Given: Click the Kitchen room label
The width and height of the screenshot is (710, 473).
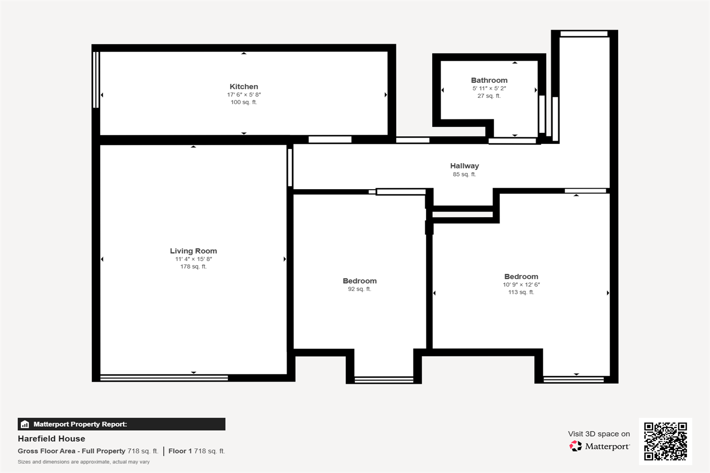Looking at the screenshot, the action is pyautogui.click(x=244, y=87).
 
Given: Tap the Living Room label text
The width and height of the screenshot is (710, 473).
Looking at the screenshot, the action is pyautogui.click(x=193, y=251).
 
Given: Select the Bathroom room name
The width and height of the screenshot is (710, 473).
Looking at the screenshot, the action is pyautogui.click(x=489, y=80).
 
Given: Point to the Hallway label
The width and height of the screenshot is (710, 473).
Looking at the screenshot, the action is pyautogui.click(x=464, y=166).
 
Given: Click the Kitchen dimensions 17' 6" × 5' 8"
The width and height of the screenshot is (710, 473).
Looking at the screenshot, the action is pyautogui.click(x=244, y=95).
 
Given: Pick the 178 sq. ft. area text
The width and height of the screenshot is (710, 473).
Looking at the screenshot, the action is pyautogui.click(x=193, y=267).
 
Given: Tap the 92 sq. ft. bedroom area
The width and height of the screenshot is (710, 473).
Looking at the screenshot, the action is pyautogui.click(x=359, y=289).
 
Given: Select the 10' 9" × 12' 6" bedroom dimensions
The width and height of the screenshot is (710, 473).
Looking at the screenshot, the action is pyautogui.click(x=521, y=284).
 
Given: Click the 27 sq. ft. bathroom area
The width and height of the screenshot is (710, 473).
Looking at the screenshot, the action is pyautogui.click(x=489, y=96).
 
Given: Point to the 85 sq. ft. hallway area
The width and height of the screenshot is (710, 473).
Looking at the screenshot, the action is pyautogui.click(x=464, y=174).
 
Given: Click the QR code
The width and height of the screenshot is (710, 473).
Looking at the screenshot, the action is pyautogui.click(x=666, y=441).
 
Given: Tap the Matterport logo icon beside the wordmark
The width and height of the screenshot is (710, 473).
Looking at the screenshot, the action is pyautogui.click(x=576, y=446).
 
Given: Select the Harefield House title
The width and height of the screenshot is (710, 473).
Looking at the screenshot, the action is pyautogui.click(x=51, y=438).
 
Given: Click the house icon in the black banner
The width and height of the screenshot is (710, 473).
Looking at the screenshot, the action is pyautogui.click(x=25, y=424).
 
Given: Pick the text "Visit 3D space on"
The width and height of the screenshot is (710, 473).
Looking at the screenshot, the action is pyautogui.click(x=599, y=434).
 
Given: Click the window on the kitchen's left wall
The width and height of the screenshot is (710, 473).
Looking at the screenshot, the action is pyautogui.click(x=96, y=80).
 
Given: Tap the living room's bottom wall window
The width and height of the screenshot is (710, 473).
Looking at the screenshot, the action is pyautogui.click(x=164, y=377).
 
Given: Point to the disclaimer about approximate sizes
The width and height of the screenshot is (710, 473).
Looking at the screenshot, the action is pyautogui.click(x=84, y=462).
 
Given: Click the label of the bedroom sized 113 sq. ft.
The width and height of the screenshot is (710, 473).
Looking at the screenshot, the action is pyautogui.click(x=521, y=277).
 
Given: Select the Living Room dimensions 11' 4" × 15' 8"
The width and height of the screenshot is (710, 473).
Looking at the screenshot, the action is pyautogui.click(x=193, y=259).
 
